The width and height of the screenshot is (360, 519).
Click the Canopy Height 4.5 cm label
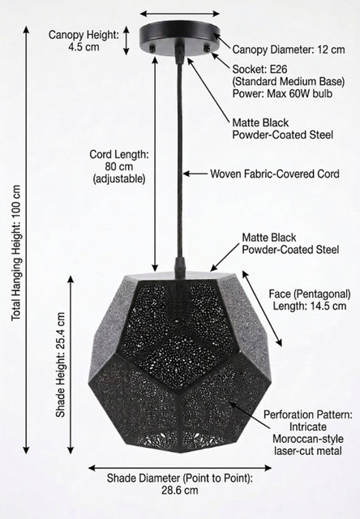84,41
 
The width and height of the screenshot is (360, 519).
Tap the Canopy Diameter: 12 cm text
289,49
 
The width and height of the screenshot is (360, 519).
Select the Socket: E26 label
259,70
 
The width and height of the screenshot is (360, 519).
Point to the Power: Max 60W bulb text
282,94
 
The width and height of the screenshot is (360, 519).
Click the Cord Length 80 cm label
119,166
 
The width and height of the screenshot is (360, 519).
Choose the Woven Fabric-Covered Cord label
275,174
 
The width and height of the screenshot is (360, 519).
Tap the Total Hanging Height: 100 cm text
16,252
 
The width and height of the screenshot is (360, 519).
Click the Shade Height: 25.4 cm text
61,365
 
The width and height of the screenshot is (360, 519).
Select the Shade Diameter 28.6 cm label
180,484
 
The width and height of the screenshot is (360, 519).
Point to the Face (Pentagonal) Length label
310,299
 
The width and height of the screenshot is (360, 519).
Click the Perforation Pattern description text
308,432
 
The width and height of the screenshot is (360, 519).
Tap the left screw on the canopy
152,49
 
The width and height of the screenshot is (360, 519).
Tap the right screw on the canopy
207,49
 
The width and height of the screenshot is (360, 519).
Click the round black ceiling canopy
180,37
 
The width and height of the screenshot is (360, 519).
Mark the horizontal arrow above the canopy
180,14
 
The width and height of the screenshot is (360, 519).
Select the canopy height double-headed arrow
126,41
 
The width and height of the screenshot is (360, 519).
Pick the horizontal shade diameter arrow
180,468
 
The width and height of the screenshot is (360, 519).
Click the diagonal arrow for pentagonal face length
262,308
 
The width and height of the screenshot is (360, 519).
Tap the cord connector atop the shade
180,265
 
